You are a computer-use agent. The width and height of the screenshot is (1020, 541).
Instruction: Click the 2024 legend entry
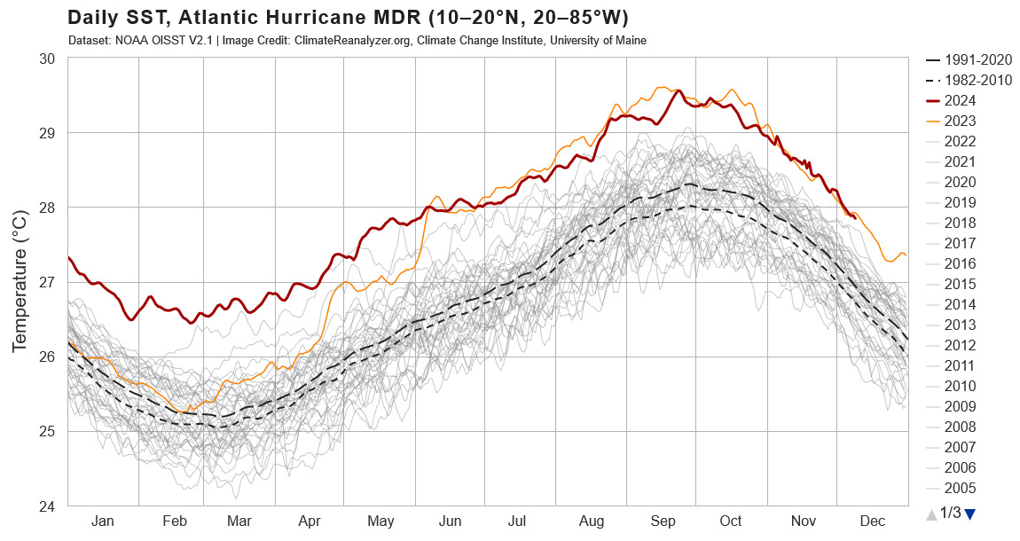click(961, 100)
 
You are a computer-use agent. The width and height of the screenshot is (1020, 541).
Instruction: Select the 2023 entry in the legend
click(961, 121)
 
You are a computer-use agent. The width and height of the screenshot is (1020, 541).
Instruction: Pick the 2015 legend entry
click(961, 284)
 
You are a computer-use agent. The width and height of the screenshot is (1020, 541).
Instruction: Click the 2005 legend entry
click(961, 488)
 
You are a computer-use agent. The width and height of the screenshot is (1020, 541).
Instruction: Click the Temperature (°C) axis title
click(20, 282)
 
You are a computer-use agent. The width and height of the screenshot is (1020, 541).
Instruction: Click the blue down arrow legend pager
click(969, 514)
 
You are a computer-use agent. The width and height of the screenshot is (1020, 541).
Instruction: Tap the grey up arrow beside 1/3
click(930, 514)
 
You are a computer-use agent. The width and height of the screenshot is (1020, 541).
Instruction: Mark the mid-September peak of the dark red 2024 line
click(679, 90)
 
